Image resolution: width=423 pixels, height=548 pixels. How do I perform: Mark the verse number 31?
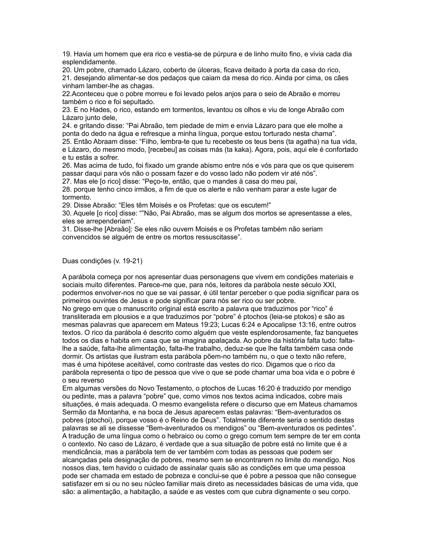coord(67,229)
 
